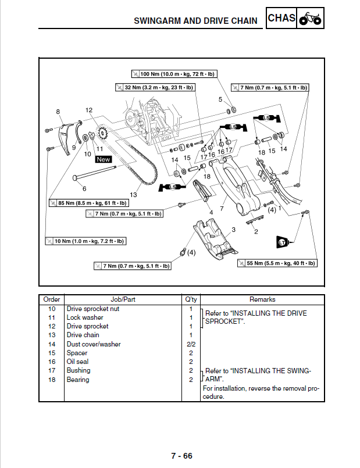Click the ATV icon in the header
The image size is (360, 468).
click(x=310, y=19)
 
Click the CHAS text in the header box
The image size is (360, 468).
click(x=281, y=18)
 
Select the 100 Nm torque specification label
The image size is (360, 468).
click(x=173, y=74)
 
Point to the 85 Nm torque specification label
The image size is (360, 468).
click(x=88, y=203)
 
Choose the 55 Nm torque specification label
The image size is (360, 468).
click(x=277, y=263)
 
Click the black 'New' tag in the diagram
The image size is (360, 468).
click(x=104, y=159)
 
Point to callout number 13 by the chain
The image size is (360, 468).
click(x=134, y=195)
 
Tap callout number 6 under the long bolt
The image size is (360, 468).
click(x=84, y=188)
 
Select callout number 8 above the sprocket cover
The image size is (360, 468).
click(x=58, y=112)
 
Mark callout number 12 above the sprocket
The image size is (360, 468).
click(x=88, y=110)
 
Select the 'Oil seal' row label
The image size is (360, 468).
click(x=77, y=362)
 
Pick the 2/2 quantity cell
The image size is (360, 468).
click(x=190, y=344)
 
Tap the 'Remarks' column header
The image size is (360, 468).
click(x=262, y=299)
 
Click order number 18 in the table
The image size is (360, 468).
click(x=52, y=380)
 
